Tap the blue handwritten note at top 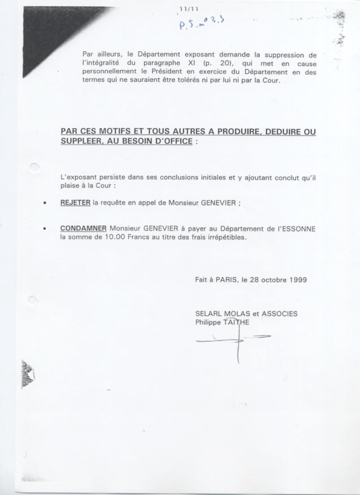201,23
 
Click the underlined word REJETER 75,203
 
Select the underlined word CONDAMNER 83,228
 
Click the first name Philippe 208,322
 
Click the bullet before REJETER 45,203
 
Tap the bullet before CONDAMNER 45,229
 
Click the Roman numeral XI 192,63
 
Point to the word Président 167,72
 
